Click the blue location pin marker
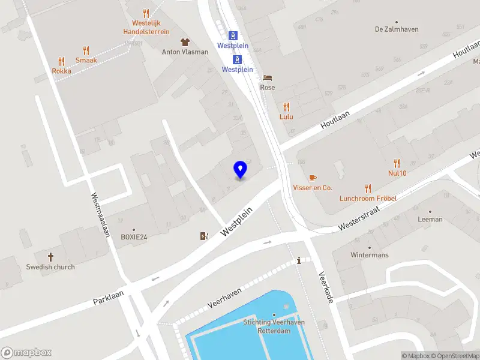241,170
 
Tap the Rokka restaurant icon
61,61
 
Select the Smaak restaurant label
86,60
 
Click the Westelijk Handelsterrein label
146,27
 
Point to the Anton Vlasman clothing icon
185,42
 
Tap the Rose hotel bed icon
268,77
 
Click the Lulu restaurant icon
286,107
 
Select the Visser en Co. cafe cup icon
312,178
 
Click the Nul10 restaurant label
397,173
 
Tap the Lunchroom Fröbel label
368,199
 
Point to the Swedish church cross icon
50,257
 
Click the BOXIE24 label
133,237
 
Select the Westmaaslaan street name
100,214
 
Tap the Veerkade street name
325,285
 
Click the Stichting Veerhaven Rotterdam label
274,326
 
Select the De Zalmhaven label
396,29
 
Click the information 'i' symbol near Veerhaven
299,260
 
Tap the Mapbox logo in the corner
26,353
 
